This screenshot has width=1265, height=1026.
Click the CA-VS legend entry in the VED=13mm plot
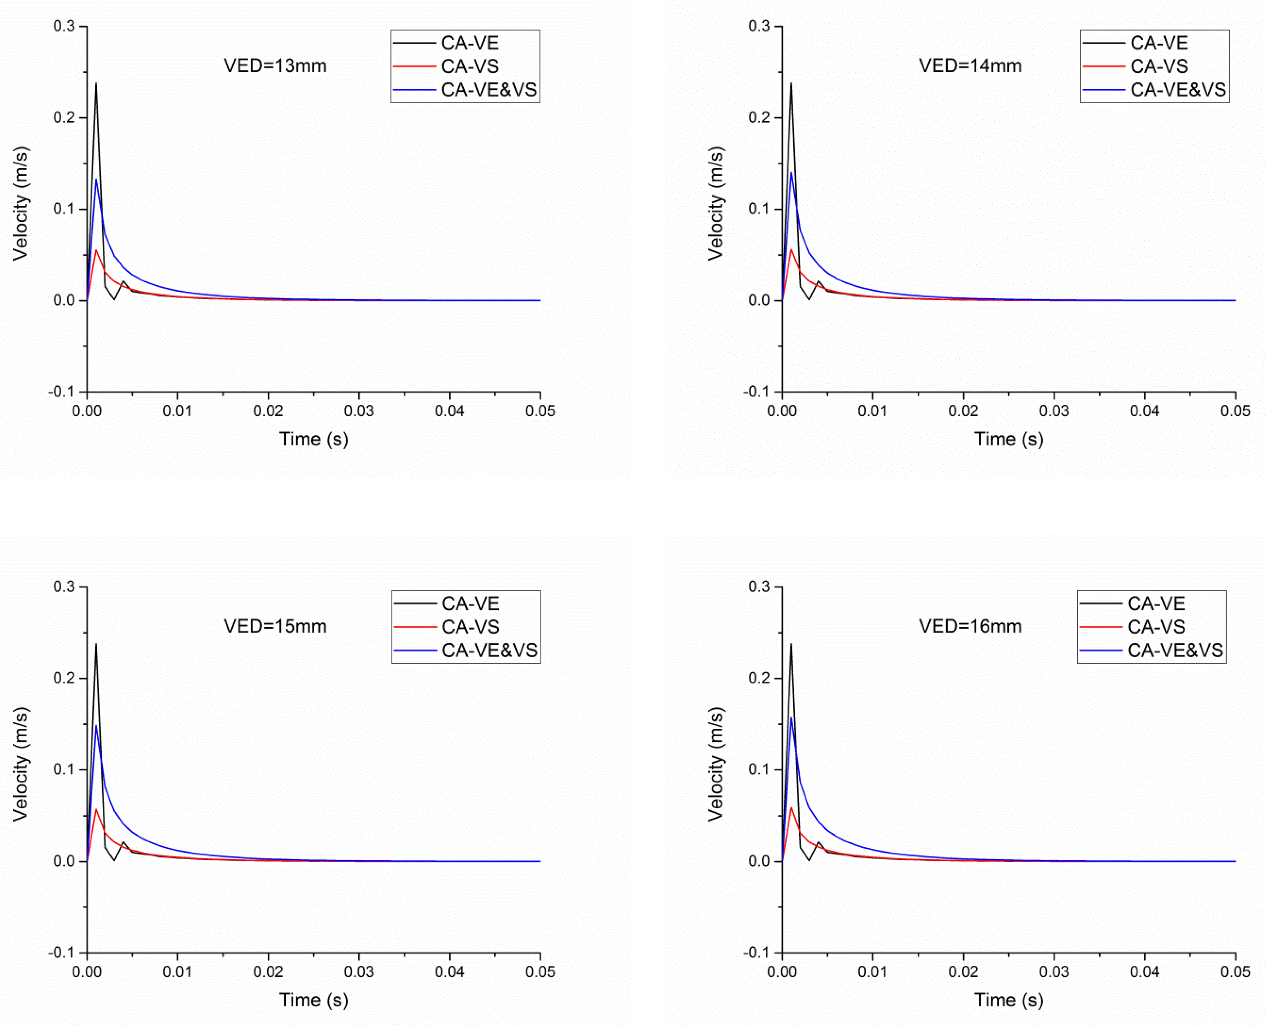(x=470, y=66)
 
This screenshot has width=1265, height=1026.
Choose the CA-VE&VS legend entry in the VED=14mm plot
(x=1177, y=90)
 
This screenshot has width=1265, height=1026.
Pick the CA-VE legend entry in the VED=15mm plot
(x=470, y=603)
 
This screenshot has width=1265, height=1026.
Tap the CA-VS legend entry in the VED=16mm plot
(x=1156, y=626)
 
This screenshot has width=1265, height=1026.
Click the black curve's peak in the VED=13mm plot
(x=96, y=83)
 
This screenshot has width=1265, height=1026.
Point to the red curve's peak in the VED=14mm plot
(x=791, y=249)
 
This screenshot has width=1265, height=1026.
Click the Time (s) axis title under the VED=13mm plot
(x=314, y=439)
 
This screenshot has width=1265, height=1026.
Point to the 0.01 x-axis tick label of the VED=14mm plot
(x=873, y=411)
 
